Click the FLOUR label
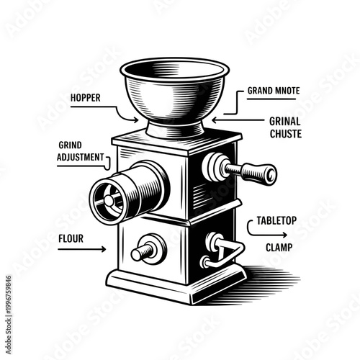pos(71,235)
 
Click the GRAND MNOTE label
pos(273,92)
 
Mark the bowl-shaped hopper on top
pos(174,90)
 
